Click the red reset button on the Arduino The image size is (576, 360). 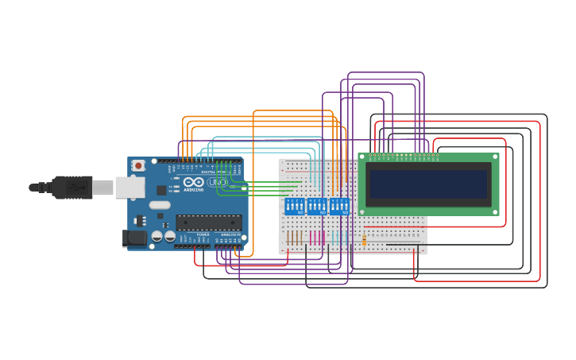[x=138, y=165]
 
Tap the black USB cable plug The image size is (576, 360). [x=72, y=188]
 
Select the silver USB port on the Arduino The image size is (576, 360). [x=130, y=188]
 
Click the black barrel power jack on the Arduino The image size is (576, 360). [x=134, y=238]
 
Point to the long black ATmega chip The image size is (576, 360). [x=209, y=223]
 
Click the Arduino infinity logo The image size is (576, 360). [x=193, y=182]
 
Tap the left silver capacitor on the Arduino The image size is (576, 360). [x=157, y=235]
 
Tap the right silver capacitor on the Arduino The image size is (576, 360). [x=170, y=235]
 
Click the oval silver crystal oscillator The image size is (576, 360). [x=160, y=205]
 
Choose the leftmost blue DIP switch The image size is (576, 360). [x=295, y=207]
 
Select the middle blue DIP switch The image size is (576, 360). [x=317, y=207]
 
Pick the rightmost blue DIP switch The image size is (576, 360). [x=339, y=207]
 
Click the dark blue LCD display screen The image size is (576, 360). [x=428, y=184]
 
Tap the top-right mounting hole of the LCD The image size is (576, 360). [x=494, y=157]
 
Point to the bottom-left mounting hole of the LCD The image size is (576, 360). [x=363, y=211]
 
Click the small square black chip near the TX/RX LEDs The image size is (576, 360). [x=162, y=190]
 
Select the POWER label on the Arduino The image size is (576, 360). [x=203, y=234]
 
